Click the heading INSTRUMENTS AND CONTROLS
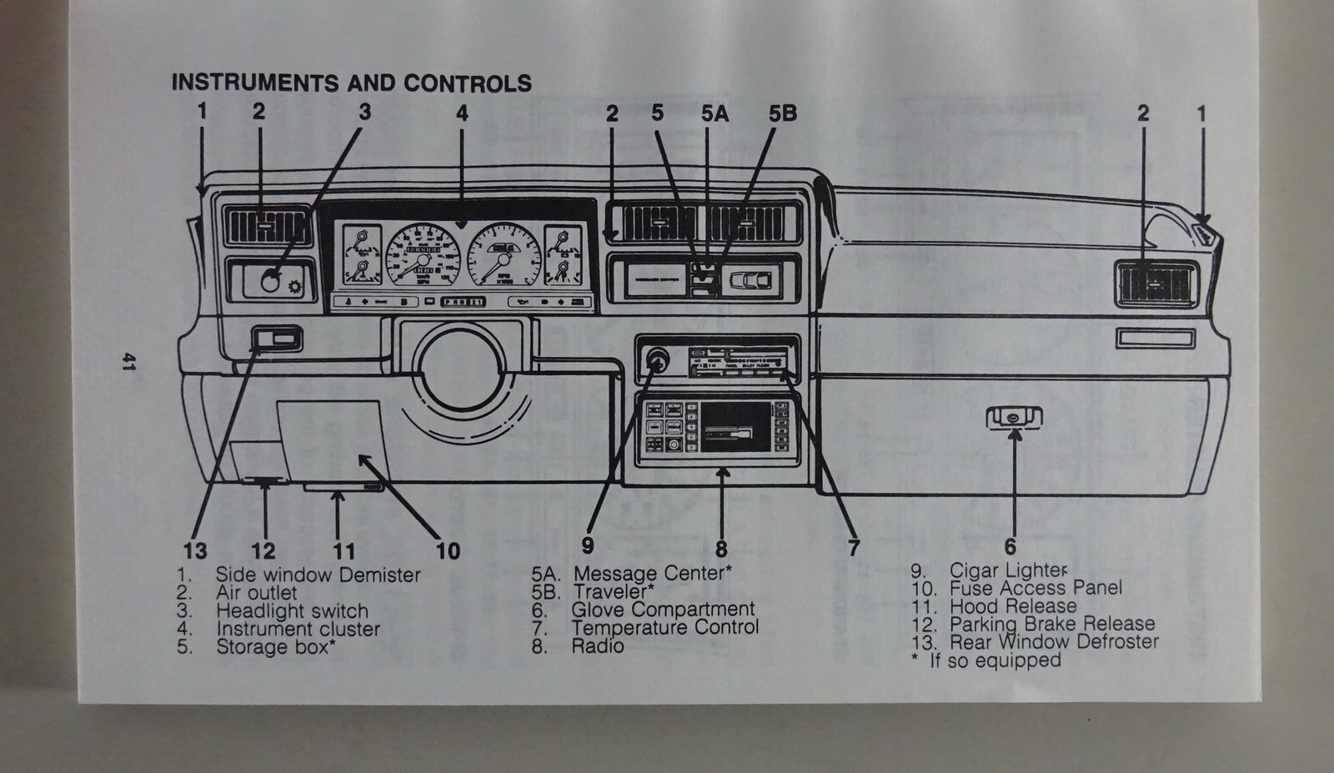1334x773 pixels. pos(351,83)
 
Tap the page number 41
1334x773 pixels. pos(129,362)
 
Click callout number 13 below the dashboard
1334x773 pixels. pos(195,550)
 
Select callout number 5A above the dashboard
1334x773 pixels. pos(715,113)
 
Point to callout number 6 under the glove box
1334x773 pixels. pos(1011,547)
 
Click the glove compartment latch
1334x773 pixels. pos(1013,417)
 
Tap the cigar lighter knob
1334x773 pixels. pos(656,360)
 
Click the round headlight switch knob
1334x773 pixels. pos(270,282)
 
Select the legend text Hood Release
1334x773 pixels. pos(1013,606)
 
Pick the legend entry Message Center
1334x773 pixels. pos(652,574)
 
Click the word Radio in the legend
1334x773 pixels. pos(597,646)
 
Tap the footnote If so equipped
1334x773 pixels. pos(995,660)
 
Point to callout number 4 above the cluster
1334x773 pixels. pos(462,113)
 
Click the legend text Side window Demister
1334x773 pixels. pos(318,575)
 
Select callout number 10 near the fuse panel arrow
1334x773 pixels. pos(448,550)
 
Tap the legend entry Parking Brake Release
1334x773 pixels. pos(1052,624)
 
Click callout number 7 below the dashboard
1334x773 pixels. pos(853,548)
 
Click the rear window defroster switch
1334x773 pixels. pos(276,339)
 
